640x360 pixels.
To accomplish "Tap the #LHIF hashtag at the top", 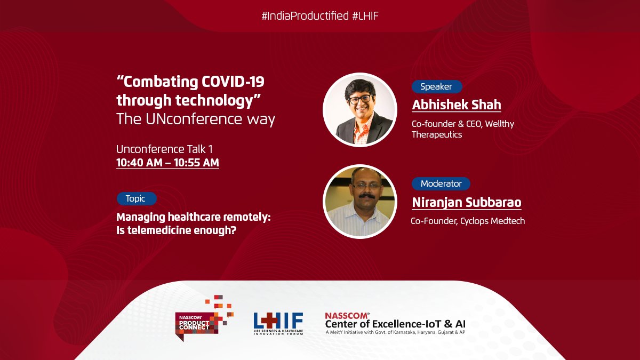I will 365,16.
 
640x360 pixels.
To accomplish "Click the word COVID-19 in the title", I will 233,83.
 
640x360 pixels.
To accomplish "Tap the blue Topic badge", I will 135,198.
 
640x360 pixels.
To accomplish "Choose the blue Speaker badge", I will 436,86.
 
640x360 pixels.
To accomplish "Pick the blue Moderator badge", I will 441,183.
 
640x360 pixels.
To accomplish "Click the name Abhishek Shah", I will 456,105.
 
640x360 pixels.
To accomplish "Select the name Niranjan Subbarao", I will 466,203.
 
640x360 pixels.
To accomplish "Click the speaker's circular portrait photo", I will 360,109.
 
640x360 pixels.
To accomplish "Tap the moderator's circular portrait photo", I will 360,201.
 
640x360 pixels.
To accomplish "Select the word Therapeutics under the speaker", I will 437,134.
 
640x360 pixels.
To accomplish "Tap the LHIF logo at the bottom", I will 278,323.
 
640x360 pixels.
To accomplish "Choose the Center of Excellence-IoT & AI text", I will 394,323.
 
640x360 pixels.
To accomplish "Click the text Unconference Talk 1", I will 161,149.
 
